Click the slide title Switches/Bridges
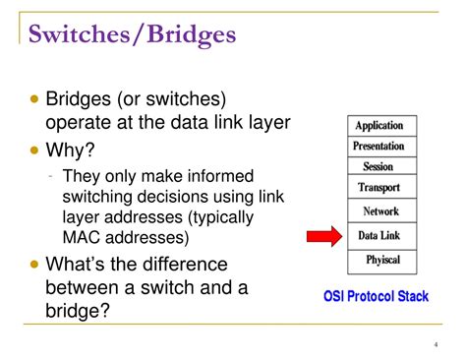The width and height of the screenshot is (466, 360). (x=132, y=36)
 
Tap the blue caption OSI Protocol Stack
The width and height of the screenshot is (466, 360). (x=377, y=295)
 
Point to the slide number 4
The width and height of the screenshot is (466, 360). (x=435, y=344)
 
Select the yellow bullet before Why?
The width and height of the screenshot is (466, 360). (x=36, y=150)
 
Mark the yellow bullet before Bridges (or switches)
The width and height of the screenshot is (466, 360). (x=36, y=100)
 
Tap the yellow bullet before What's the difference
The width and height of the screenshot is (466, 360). (x=36, y=264)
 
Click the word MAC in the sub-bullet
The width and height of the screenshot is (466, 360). (x=82, y=237)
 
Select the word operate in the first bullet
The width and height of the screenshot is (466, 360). (x=80, y=123)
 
